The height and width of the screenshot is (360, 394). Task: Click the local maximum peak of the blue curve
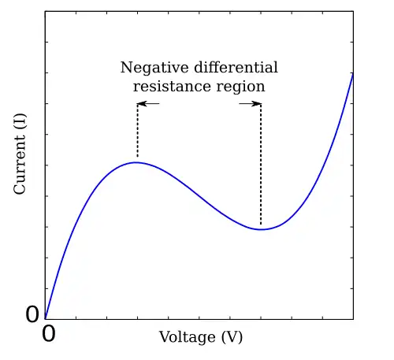pyautogui.click(x=137, y=162)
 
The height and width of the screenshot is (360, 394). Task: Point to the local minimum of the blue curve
pyautogui.click(x=261, y=229)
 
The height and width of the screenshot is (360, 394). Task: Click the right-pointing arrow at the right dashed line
pyautogui.click(x=251, y=103)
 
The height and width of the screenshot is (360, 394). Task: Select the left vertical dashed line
pyautogui.click(x=137, y=131)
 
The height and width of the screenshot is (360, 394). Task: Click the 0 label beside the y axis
pyautogui.click(x=32, y=315)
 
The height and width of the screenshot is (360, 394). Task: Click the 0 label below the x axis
pyautogui.click(x=48, y=333)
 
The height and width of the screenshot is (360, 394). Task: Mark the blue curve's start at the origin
pyautogui.click(x=45, y=319)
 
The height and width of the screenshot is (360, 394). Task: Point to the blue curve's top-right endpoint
pyautogui.click(x=352, y=72)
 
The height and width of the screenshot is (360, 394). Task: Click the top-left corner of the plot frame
pyautogui.click(x=45, y=11)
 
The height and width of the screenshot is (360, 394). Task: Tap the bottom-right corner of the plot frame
pyautogui.click(x=353, y=319)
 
